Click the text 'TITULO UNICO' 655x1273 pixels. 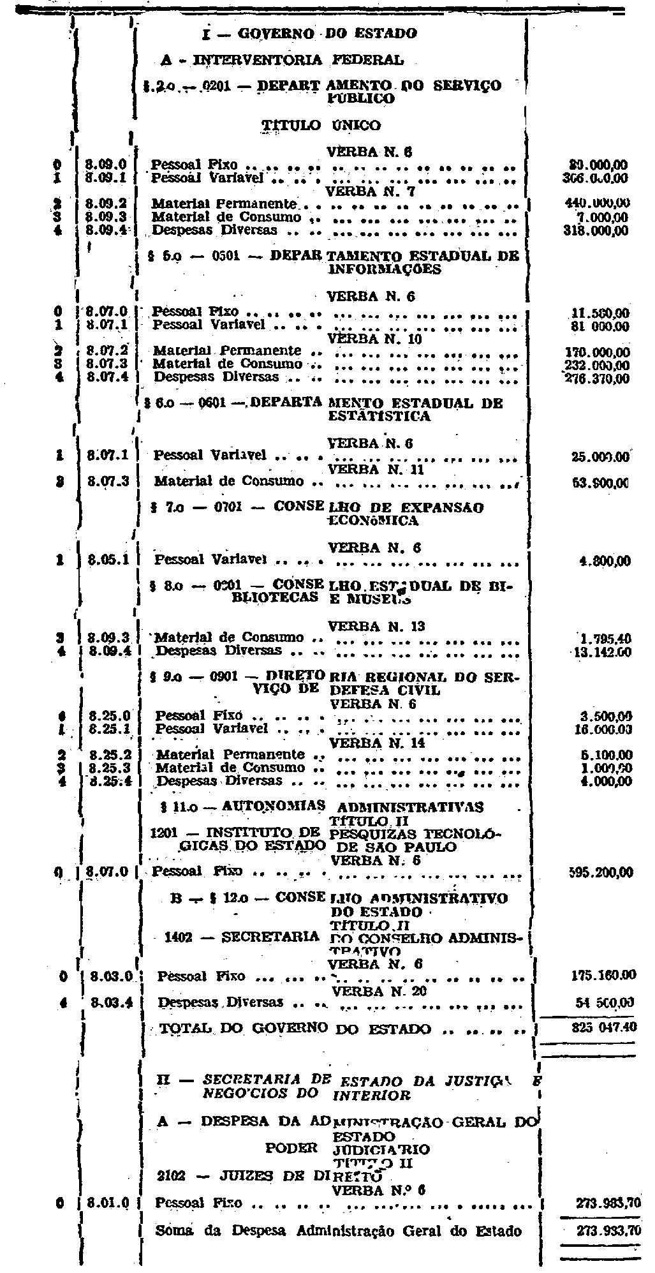coord(321,126)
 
